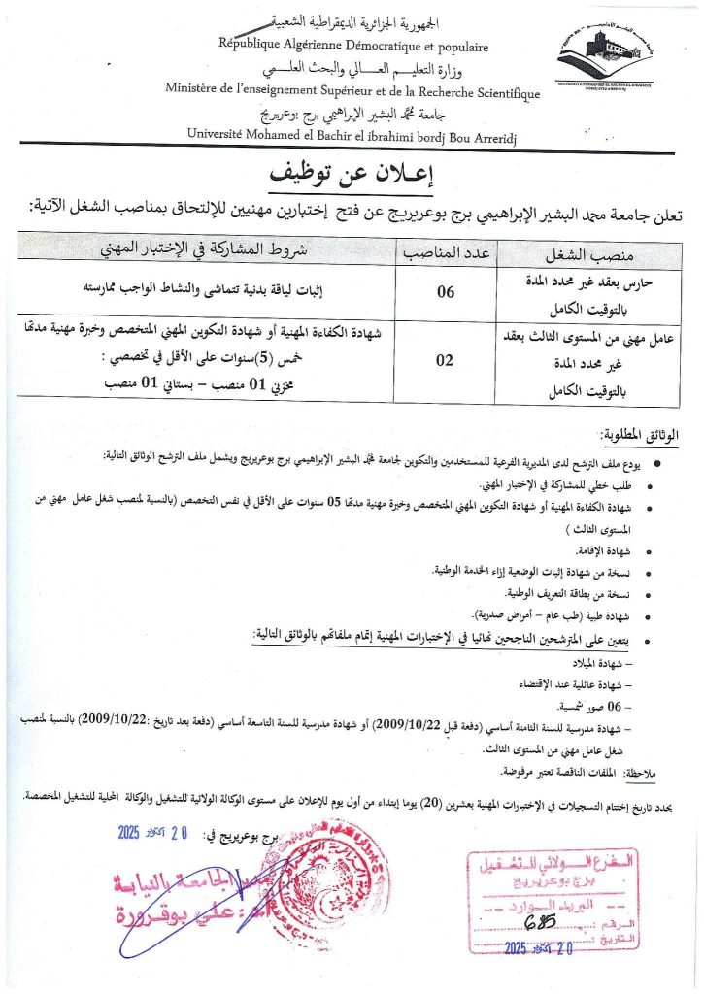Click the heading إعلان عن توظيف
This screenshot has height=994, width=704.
(352, 175)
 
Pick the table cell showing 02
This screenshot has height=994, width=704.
(444, 360)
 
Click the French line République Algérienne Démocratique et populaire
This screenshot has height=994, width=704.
(354, 46)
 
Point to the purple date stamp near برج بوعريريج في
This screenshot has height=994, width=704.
(154, 832)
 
